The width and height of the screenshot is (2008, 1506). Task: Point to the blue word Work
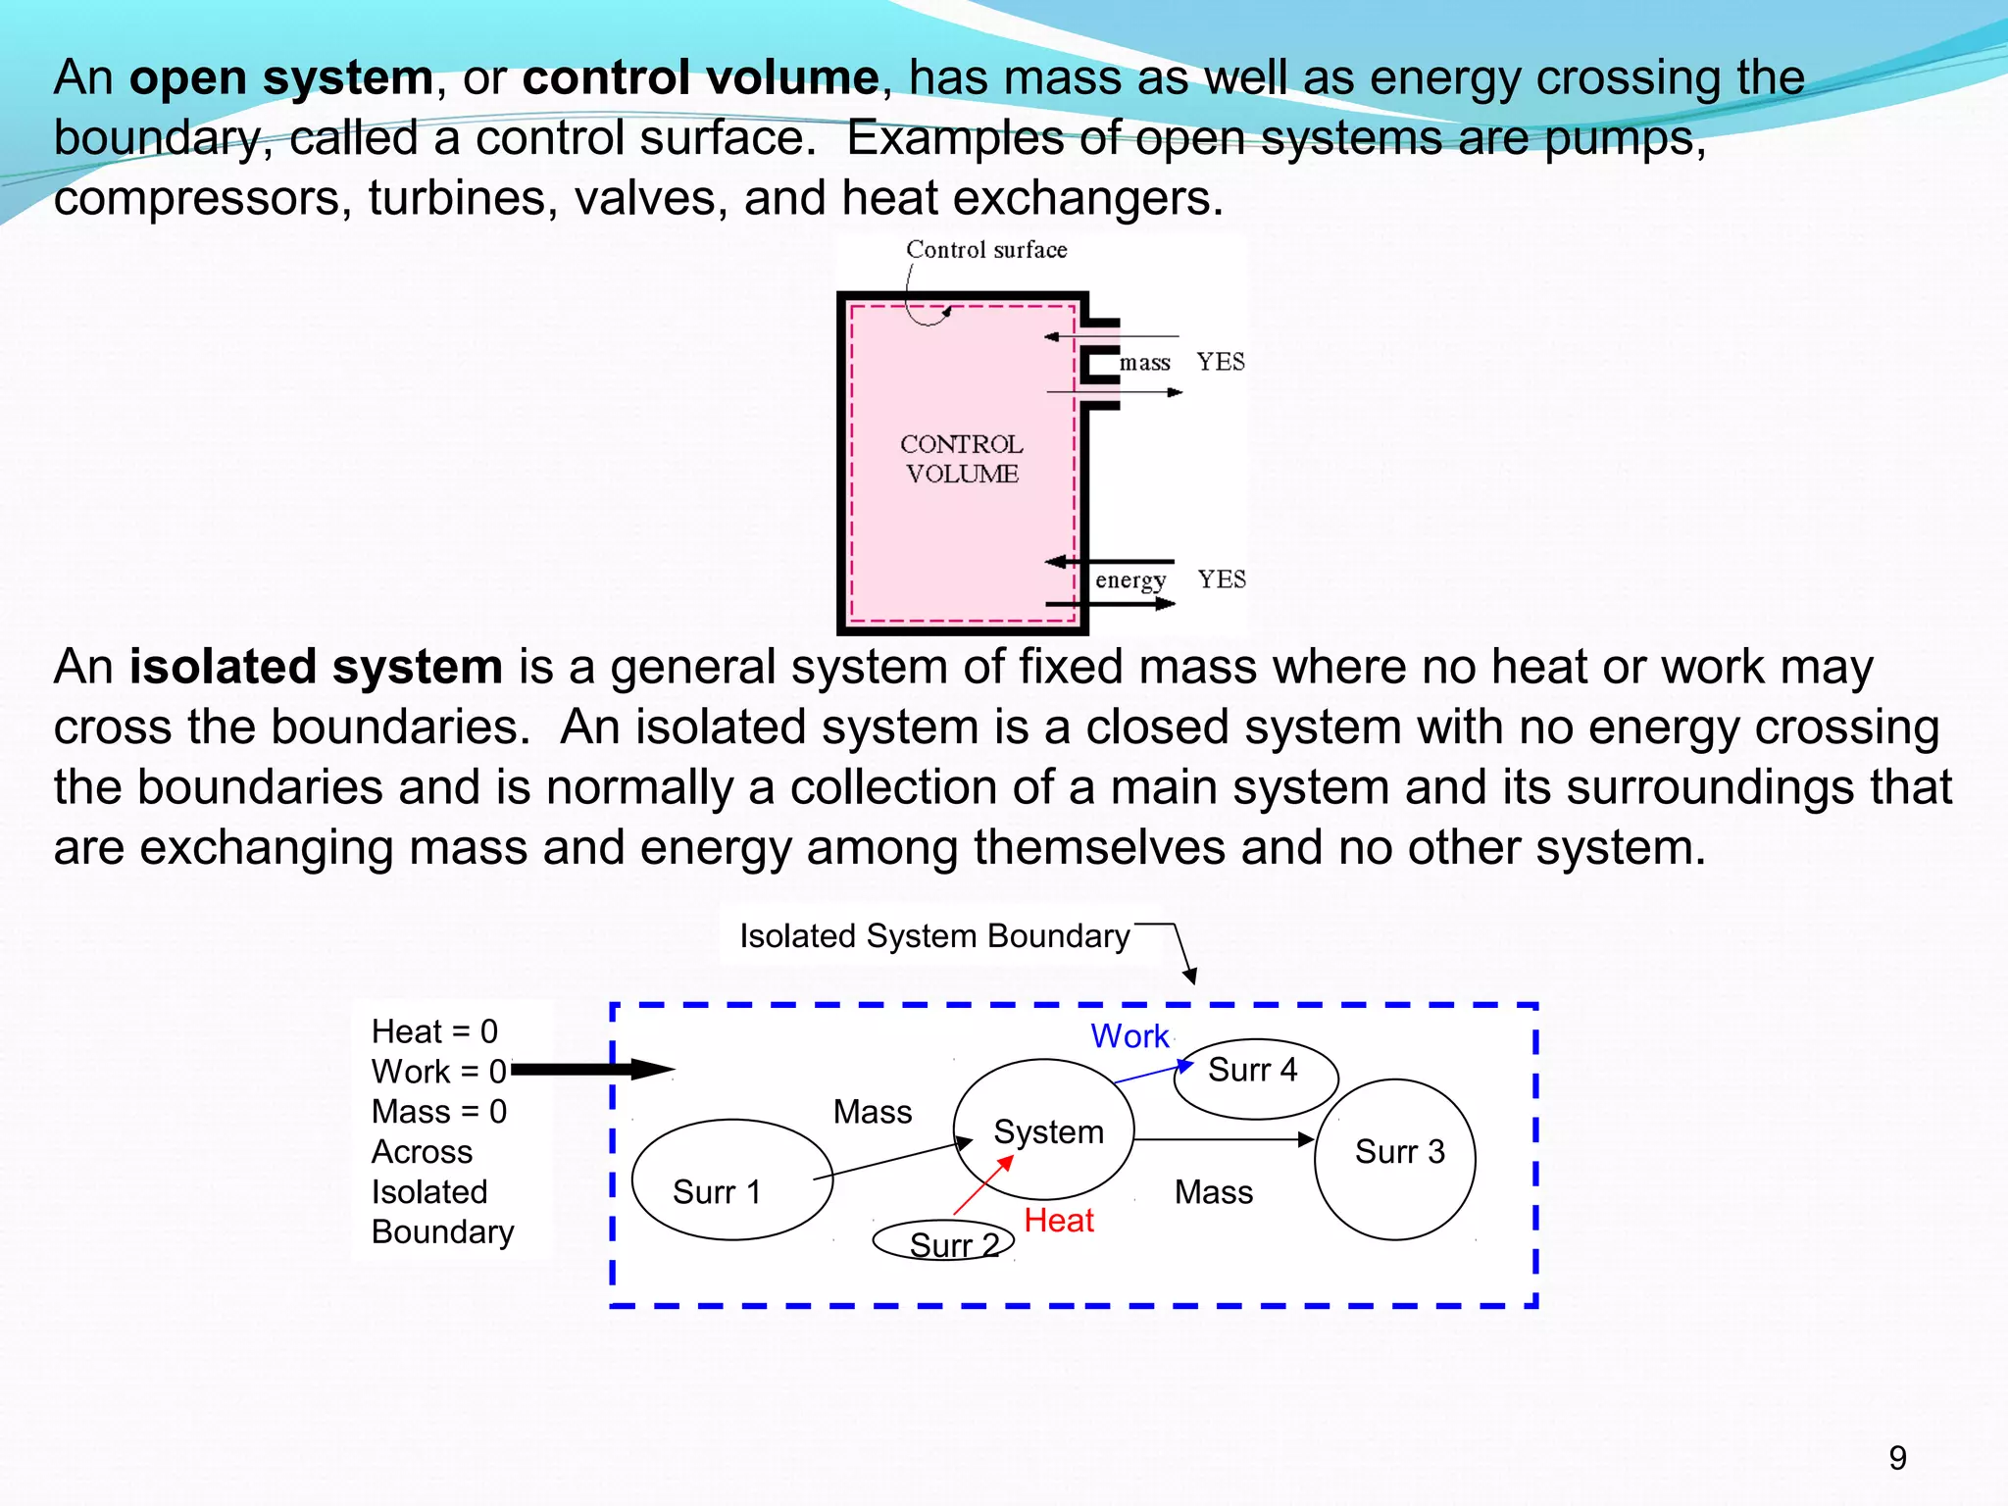click(1129, 1036)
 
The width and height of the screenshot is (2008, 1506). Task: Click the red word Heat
click(1058, 1221)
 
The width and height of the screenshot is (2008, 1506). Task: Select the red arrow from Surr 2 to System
click(982, 1186)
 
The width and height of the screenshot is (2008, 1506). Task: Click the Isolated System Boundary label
click(933, 936)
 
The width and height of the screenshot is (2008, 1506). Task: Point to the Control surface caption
click(985, 250)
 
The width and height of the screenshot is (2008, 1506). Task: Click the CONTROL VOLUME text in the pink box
click(961, 459)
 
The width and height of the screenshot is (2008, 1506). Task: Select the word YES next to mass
click(1221, 362)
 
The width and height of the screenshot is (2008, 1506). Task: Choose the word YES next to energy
click(1222, 579)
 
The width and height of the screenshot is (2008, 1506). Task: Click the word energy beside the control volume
click(1129, 580)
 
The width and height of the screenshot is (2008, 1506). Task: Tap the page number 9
click(1897, 1458)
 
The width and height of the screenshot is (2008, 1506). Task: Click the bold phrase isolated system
click(316, 667)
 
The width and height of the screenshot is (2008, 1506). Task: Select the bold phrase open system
click(281, 77)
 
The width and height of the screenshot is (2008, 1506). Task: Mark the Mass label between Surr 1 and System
click(872, 1112)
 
